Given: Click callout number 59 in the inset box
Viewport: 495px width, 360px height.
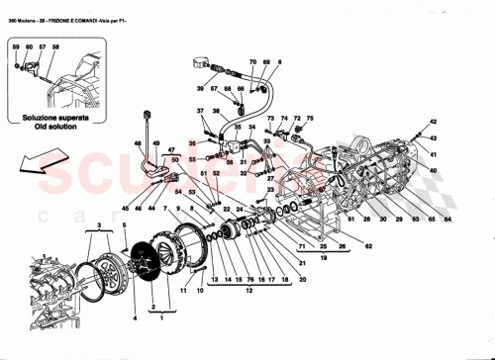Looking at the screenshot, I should pyautogui.click(x=16, y=46).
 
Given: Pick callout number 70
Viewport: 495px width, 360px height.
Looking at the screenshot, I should pyautogui.click(x=252, y=62).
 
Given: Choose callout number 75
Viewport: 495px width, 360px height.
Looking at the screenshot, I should pyautogui.click(x=308, y=116).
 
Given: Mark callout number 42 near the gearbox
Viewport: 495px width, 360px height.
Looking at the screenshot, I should pyautogui.click(x=434, y=120).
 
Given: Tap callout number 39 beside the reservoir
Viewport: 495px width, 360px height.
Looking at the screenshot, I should pyautogui.click(x=199, y=88).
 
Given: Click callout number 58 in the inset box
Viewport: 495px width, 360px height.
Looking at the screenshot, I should pyautogui.click(x=56, y=46).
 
